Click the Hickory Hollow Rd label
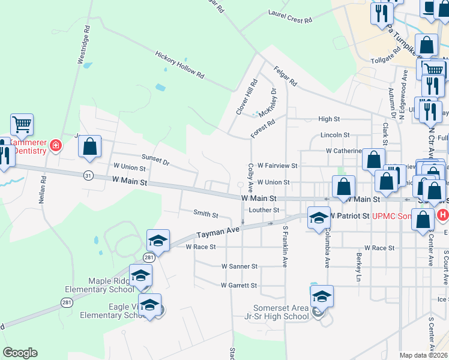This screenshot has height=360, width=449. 180,65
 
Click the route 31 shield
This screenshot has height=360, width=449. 88,175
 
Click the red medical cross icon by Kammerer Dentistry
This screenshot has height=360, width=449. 55,146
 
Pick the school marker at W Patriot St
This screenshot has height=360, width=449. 319,218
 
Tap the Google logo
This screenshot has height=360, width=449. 20,352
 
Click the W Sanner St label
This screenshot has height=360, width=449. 239,266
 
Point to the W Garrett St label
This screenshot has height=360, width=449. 239,286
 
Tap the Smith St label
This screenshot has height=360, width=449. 205,213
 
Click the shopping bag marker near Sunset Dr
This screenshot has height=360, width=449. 90,147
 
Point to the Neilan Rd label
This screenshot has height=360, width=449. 43,190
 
